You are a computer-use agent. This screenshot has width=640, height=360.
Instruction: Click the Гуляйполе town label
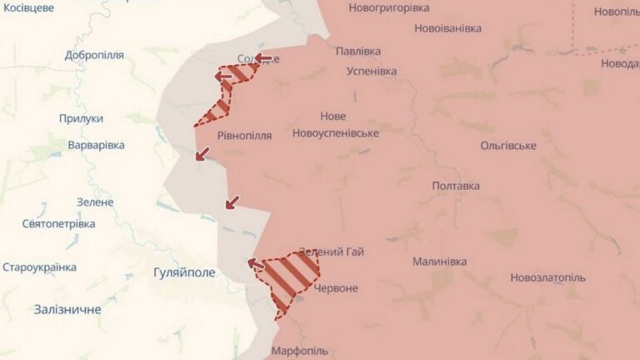(184, 272)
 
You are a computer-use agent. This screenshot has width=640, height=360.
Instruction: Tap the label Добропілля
(94, 55)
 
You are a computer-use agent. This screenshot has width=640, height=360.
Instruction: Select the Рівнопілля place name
(244, 135)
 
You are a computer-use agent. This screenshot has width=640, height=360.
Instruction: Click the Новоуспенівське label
(336, 133)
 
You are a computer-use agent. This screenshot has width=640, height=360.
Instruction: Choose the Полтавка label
(456, 186)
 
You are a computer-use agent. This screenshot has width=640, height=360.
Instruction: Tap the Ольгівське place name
(508, 146)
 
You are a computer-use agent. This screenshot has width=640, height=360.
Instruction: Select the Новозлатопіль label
(548, 277)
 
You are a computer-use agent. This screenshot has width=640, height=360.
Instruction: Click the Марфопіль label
(299, 351)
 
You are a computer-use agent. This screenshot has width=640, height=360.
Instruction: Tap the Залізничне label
(67, 309)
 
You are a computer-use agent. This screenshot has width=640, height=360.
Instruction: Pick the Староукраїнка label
(40, 267)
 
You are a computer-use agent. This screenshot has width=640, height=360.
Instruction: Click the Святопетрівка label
(58, 223)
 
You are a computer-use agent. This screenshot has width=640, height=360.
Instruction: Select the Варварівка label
(96, 145)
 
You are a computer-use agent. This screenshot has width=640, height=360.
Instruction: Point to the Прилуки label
(81, 119)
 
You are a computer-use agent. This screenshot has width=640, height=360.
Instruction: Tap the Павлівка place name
(357, 51)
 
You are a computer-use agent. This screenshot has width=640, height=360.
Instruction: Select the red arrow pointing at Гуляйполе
(256, 264)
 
